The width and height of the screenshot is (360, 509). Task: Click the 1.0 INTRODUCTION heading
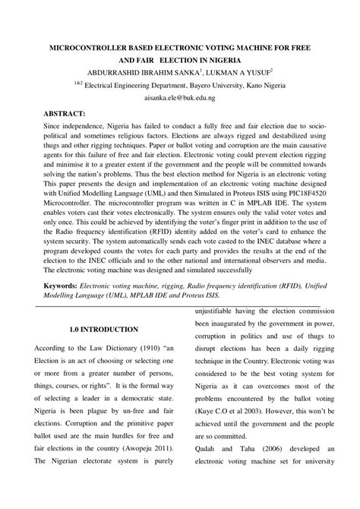coord(103,330)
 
